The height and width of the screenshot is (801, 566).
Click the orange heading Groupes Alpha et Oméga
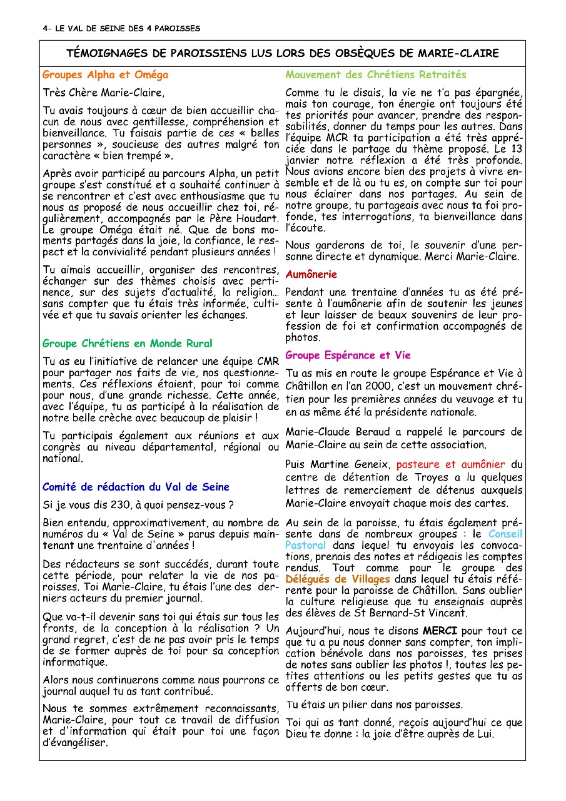point(105,75)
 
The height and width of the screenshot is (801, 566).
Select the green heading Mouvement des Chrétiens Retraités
point(376,75)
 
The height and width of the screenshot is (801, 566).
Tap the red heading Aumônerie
point(311,274)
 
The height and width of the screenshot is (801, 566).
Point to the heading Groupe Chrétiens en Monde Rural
point(127,344)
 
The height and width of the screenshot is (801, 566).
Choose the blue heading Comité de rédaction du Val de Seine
point(136,487)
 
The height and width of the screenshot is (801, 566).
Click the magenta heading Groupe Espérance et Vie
point(348,355)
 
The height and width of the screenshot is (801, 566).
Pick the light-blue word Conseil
point(505,534)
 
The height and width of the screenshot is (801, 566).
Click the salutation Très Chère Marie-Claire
point(103,93)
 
